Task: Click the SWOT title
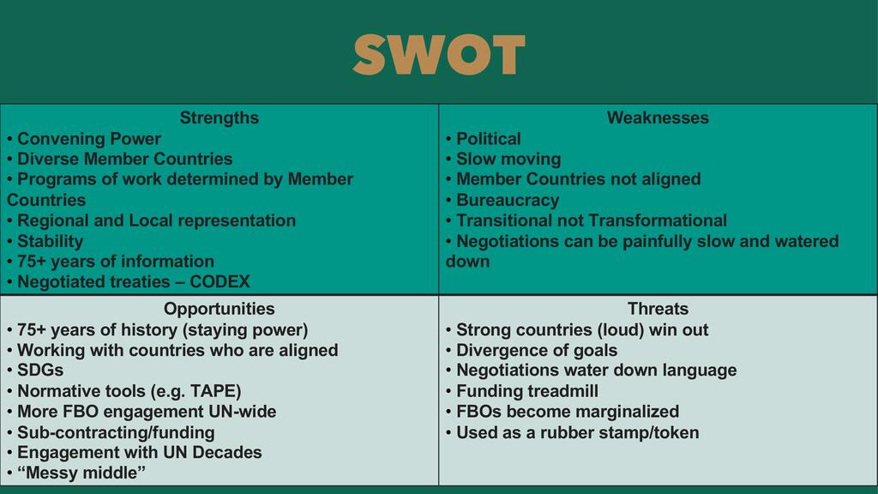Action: [x=439, y=54]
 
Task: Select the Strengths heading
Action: [x=219, y=118]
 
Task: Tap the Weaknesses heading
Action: [x=658, y=117]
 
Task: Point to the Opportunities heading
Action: [x=219, y=309]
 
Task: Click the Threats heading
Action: [x=658, y=309]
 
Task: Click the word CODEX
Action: [x=219, y=281]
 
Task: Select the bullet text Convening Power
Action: [x=89, y=139]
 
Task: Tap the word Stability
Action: [x=51, y=241]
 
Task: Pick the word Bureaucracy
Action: [x=508, y=200]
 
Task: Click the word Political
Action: [x=488, y=139]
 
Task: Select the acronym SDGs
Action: [x=40, y=370]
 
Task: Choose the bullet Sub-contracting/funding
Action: [x=116, y=432]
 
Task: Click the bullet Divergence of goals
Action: [x=537, y=351]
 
